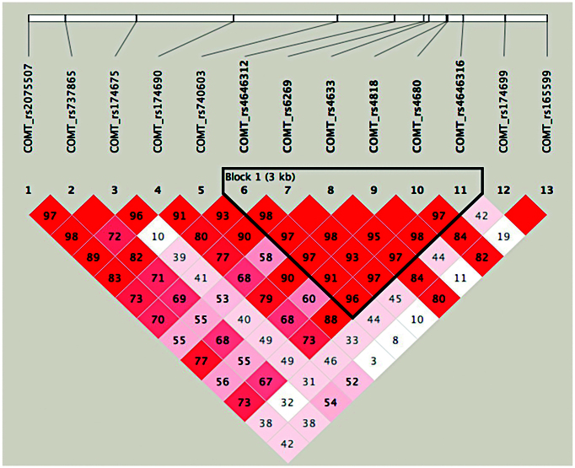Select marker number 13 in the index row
[547, 190]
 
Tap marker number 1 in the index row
[28, 190]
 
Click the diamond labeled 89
[94, 256]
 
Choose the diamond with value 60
[309, 298]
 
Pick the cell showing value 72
[116, 234]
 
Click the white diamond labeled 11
[460, 277]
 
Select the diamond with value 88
[330, 319]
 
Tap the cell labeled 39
[180, 256]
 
